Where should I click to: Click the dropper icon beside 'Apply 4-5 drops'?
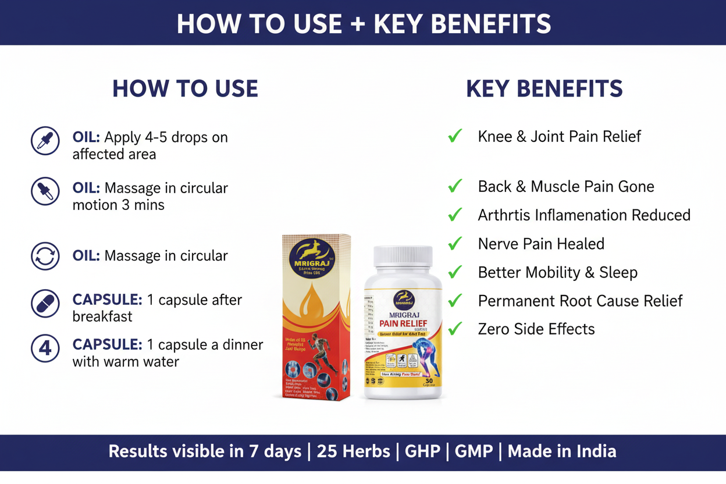45,141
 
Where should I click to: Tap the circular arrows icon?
45,257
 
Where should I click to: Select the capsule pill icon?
45,304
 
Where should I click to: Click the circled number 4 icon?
45,348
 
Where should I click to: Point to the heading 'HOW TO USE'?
185,89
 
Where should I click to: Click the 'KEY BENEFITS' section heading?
544,89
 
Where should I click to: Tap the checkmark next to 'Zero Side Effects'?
455,329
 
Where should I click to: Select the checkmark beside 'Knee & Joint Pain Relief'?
455,136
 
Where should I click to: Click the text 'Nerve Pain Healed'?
541,244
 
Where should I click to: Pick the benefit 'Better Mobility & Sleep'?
557,272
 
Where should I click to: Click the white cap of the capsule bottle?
403,256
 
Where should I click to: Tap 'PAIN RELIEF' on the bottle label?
403,323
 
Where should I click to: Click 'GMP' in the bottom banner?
474,451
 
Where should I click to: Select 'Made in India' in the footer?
562,451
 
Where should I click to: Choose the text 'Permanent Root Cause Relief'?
580,301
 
